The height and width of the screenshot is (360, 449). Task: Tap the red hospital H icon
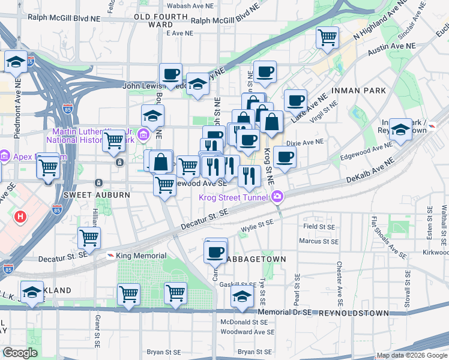[21, 216]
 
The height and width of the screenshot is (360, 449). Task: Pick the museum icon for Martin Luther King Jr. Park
[143, 133]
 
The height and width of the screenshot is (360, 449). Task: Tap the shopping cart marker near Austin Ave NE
[328, 38]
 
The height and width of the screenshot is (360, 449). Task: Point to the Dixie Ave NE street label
[305, 143]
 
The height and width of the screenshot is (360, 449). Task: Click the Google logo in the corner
[20, 353]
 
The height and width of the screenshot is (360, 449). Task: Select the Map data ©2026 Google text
[412, 355]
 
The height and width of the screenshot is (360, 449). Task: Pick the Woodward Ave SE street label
[247, 332]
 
